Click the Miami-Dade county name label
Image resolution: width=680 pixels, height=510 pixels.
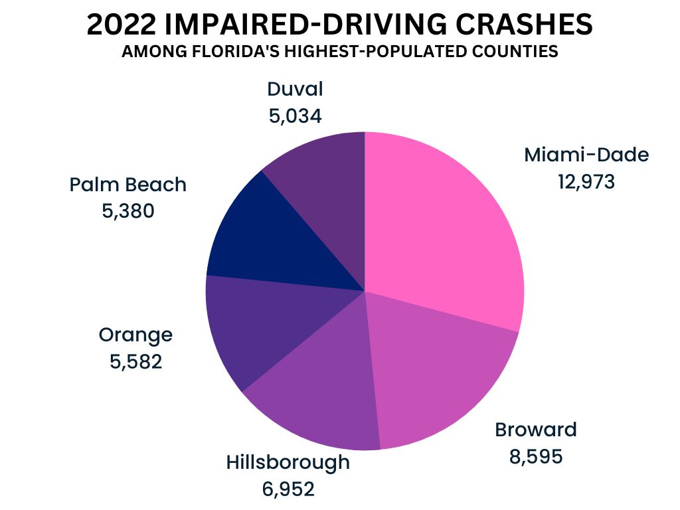coord(586,155)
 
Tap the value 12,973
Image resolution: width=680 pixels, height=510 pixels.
coord(586,181)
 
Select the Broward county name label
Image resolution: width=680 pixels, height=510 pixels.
coord(536,430)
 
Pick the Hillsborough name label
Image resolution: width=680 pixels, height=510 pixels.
coord(288,462)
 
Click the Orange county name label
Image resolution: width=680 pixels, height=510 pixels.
coord(135,335)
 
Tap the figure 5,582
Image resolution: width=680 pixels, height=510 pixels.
coord(136,363)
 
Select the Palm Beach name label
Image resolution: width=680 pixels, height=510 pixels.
coord(128,185)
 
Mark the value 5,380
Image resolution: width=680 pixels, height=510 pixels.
coord(127,211)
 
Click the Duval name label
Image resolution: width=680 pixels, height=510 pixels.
coord(295,89)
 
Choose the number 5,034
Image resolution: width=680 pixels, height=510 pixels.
coord(295,116)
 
